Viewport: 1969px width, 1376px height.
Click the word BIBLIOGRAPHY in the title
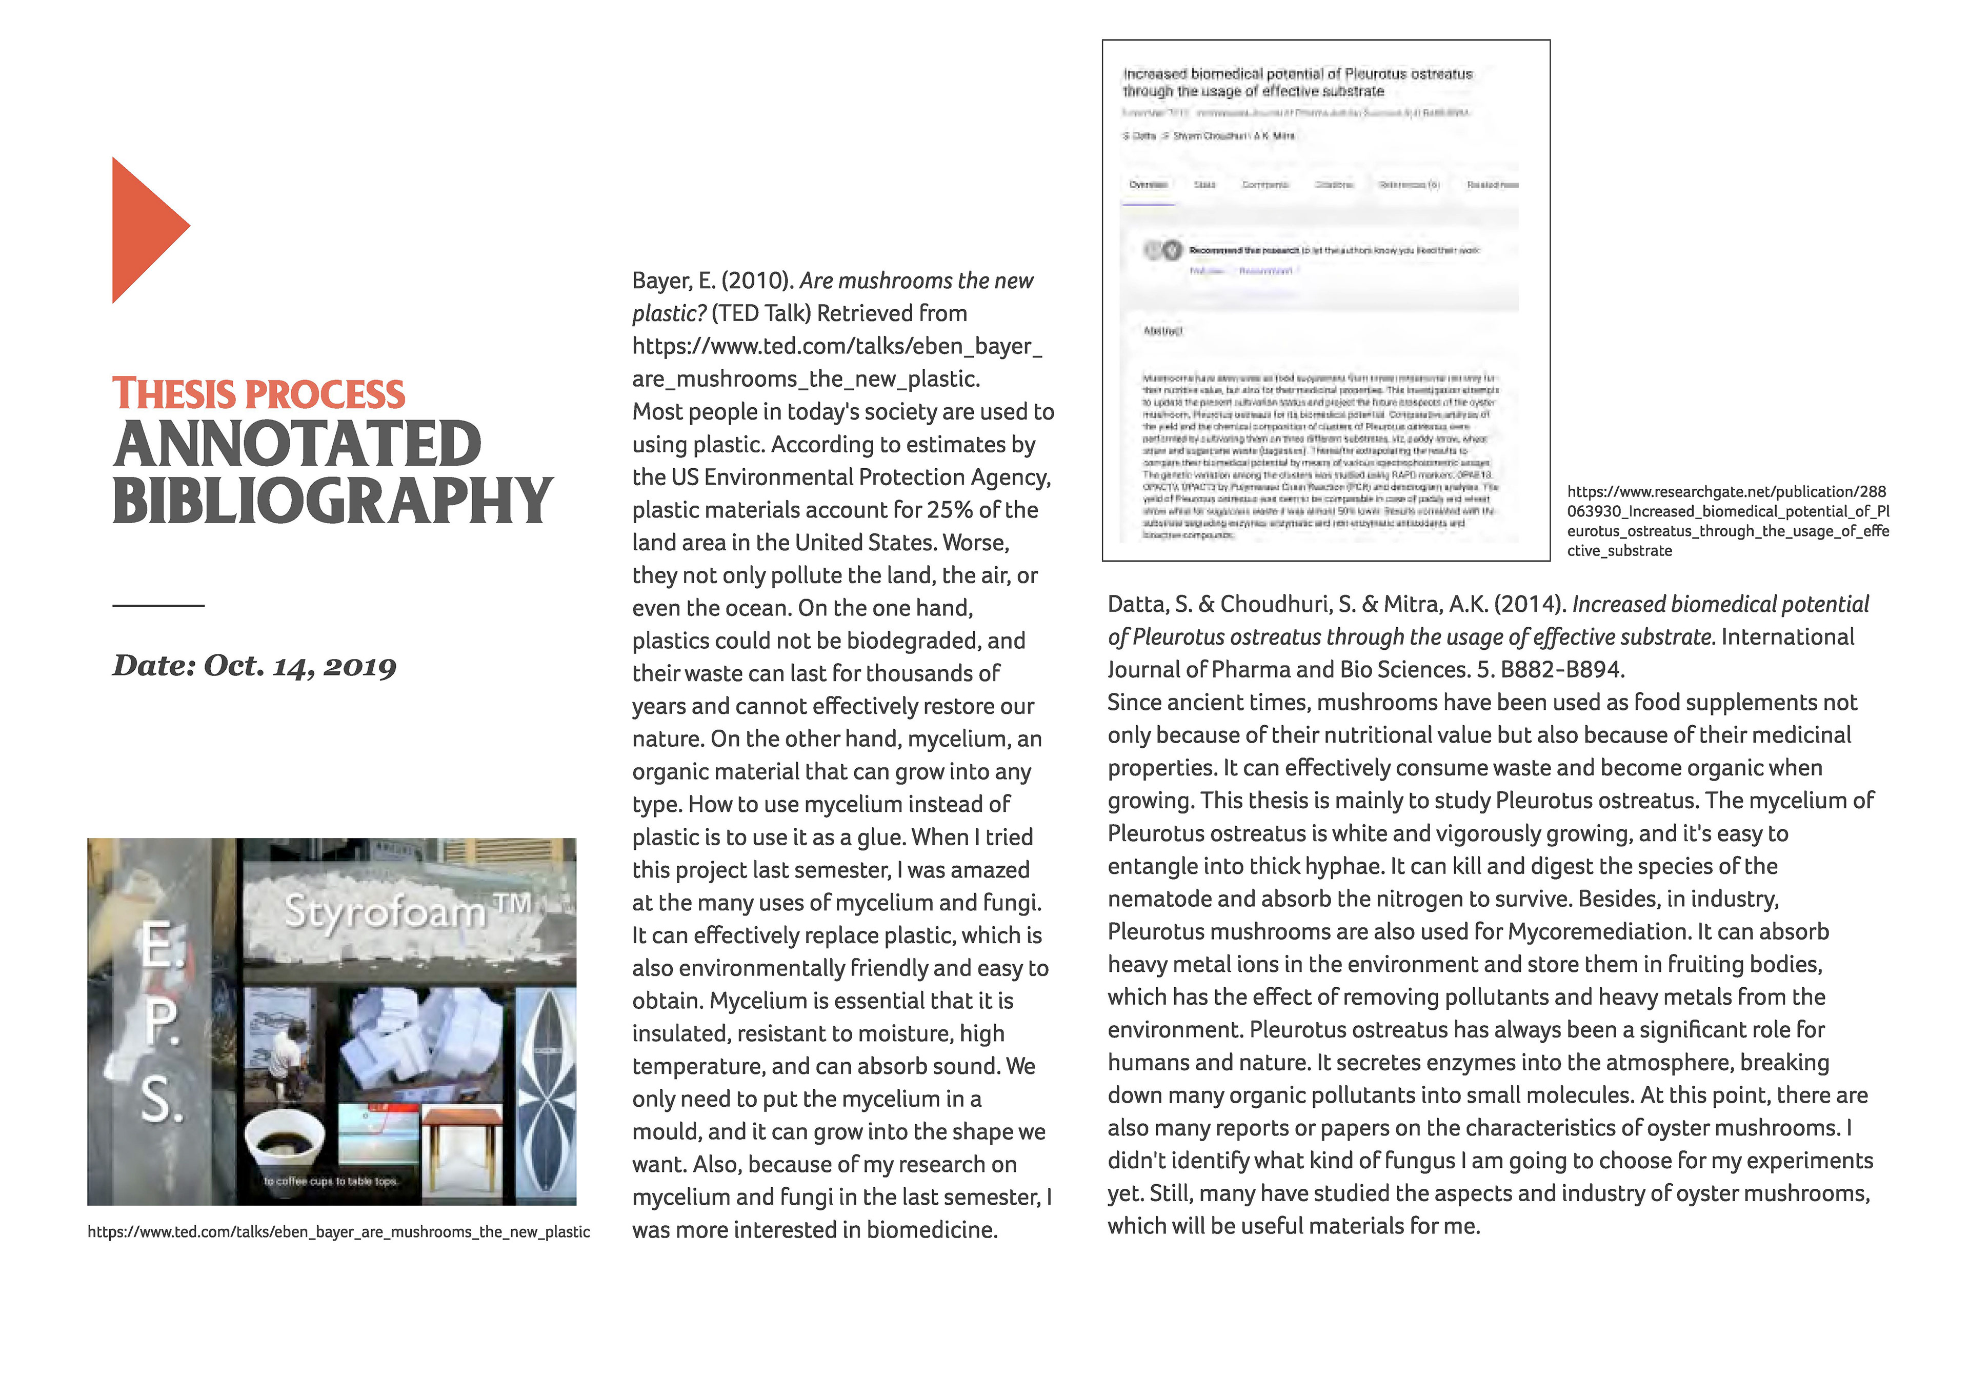[x=333, y=501]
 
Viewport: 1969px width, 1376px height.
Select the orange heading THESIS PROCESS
[x=258, y=394]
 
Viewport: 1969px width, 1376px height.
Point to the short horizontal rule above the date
[x=158, y=606]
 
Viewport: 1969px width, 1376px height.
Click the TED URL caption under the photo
[x=339, y=1232]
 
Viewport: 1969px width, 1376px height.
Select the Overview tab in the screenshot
[x=1148, y=185]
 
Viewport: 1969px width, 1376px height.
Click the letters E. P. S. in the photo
[x=161, y=1021]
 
